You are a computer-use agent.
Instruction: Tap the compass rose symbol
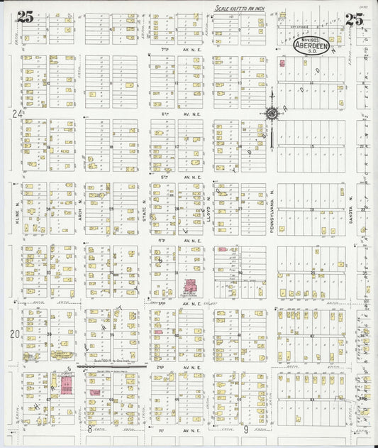click(271, 113)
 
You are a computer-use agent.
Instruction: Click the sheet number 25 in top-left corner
click(26, 18)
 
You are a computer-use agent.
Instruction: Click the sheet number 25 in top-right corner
click(355, 18)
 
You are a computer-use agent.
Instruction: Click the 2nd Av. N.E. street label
click(174, 367)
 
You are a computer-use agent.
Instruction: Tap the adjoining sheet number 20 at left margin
click(16, 333)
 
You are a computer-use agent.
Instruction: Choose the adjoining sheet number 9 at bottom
click(245, 430)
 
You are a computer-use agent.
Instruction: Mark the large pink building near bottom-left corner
click(65, 386)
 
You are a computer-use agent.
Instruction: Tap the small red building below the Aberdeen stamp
click(282, 64)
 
